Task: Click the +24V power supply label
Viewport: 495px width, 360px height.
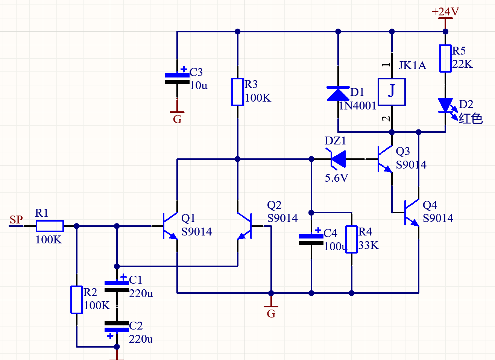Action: point(445,12)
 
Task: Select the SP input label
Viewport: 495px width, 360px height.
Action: point(16,219)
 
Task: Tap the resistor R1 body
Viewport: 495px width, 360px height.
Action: point(50,226)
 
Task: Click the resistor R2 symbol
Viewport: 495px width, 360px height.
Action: point(76,300)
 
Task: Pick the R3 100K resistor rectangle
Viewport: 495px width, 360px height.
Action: point(238,92)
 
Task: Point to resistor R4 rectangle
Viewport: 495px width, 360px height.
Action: point(352,239)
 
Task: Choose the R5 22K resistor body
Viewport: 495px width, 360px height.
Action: point(445,58)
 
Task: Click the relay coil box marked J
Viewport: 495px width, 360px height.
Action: point(392,92)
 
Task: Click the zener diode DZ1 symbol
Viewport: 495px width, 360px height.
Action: point(336,159)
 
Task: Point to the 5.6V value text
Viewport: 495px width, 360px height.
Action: point(337,178)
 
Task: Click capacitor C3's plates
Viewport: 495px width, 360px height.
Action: point(177,78)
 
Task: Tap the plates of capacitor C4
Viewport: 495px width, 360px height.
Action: point(311,239)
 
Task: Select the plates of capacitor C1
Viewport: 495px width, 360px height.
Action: point(117,286)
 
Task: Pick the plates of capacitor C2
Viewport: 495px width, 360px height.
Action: point(117,327)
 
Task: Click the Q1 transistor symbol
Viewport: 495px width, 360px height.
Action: point(170,226)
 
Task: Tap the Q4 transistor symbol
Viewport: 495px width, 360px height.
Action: point(412,213)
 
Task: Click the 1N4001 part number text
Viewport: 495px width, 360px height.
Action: point(357,106)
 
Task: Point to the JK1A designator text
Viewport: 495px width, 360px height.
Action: point(412,65)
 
